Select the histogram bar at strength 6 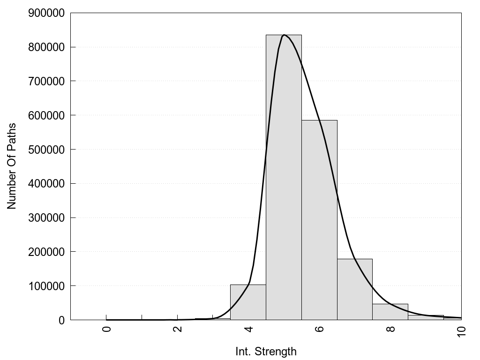click(x=319, y=220)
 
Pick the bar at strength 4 click(x=248, y=302)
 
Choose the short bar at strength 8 click(x=390, y=312)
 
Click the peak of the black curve click(x=284, y=35)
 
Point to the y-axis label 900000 click(x=46, y=13)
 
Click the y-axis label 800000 click(x=46, y=47)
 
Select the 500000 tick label click(x=46, y=150)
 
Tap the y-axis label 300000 click(x=46, y=218)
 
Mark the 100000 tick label click(x=46, y=286)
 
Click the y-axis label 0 click(x=61, y=320)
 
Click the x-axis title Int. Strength click(x=266, y=351)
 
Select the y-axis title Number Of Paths click(x=12, y=166)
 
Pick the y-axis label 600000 click(x=46, y=115)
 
